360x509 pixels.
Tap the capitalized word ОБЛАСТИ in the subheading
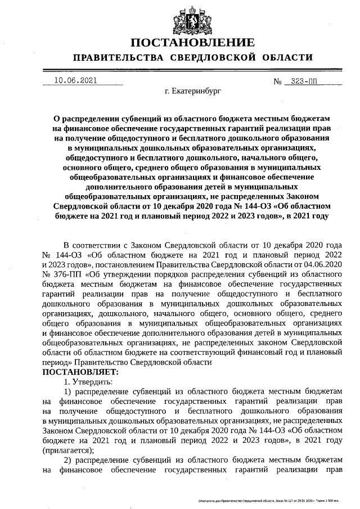coord(286,58)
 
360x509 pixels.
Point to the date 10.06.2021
coord(76,80)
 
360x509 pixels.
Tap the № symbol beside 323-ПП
coord(277,82)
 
